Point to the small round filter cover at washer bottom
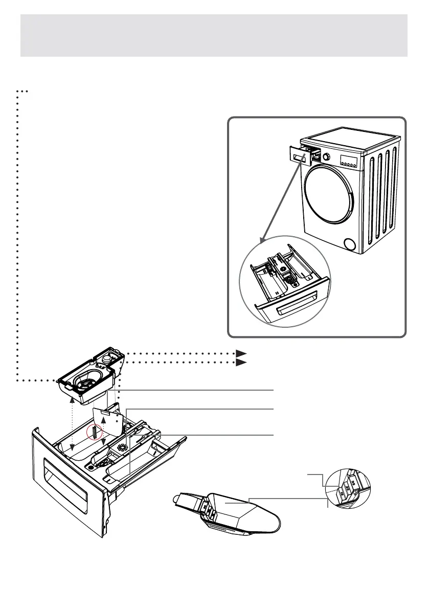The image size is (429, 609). pyautogui.click(x=350, y=244)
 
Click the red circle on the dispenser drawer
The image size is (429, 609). pyautogui.click(x=95, y=432)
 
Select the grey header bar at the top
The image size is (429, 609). pyautogui.click(x=214, y=35)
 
